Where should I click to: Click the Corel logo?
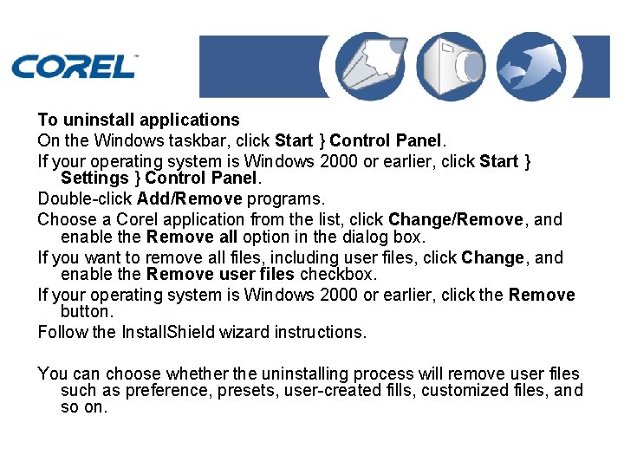click(74, 66)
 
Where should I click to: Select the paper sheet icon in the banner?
click(374, 67)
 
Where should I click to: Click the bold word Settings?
click(94, 179)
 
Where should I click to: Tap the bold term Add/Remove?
click(189, 199)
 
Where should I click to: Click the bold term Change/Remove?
click(455, 219)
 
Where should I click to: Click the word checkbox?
click(337, 275)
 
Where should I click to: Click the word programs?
click(285, 199)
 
